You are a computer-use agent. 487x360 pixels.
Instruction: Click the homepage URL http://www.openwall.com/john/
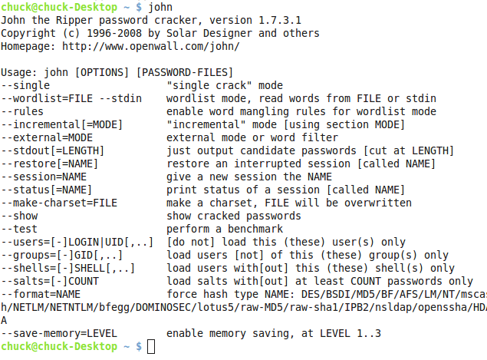[150, 46]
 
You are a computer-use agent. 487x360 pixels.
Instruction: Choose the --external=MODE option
[47, 137]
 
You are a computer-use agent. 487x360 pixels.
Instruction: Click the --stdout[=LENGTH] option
[53, 150]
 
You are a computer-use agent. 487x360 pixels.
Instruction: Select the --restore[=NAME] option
[53, 163]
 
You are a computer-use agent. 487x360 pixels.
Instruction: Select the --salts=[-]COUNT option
[50, 281]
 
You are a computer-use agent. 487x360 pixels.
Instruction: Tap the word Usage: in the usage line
[19, 71]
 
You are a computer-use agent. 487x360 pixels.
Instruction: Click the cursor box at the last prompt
[151, 347]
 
